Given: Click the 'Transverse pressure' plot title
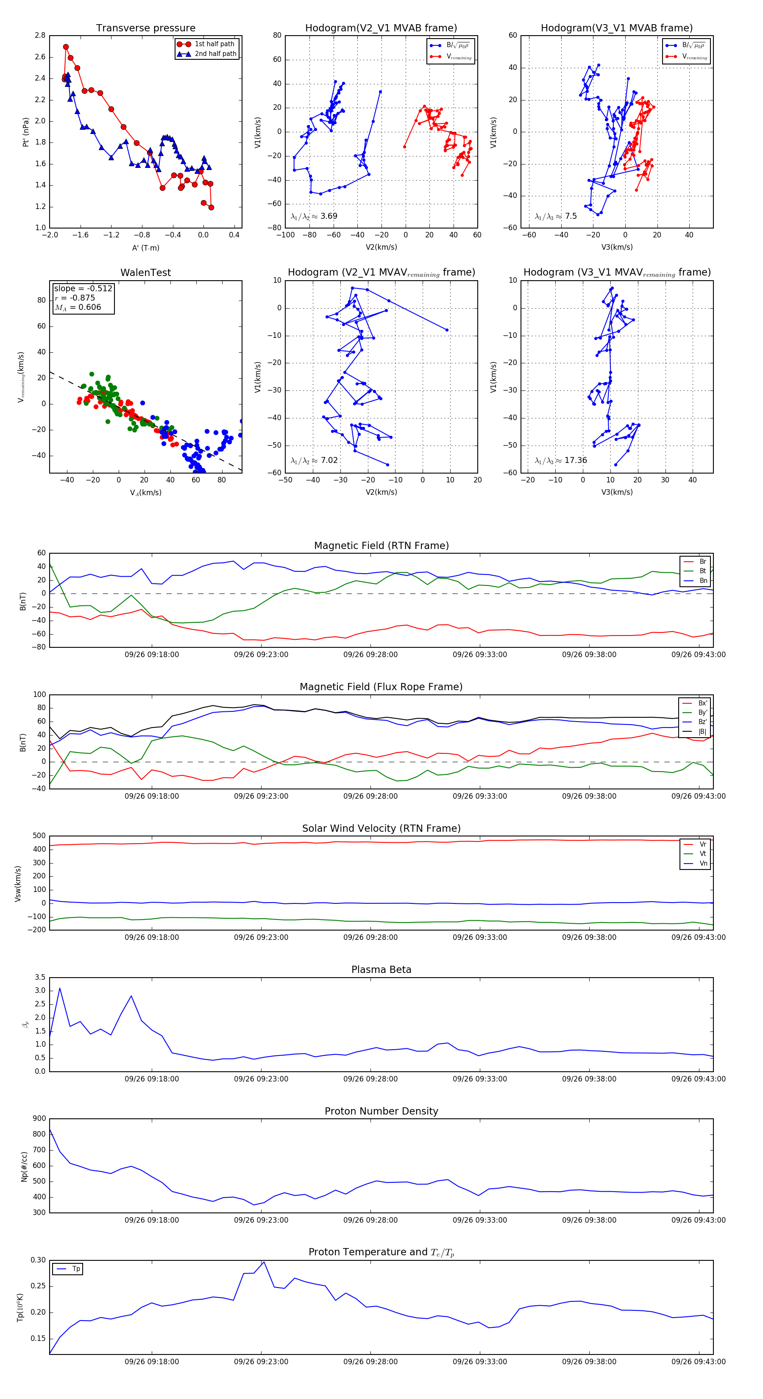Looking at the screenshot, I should point(145,28).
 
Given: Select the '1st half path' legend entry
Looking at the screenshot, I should point(214,44).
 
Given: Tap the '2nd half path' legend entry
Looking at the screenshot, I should point(215,54).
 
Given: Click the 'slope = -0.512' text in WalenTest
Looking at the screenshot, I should point(83,288).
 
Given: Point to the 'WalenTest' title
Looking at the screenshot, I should point(145,273).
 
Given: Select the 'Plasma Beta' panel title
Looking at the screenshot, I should point(381,970).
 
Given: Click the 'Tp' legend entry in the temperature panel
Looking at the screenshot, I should point(76,1269).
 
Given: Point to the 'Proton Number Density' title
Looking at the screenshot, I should point(381,1111).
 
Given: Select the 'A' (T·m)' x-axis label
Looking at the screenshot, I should point(145,248).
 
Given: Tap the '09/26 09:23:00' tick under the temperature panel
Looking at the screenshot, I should point(261,1362).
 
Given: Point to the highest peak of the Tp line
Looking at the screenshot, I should point(264,1262).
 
